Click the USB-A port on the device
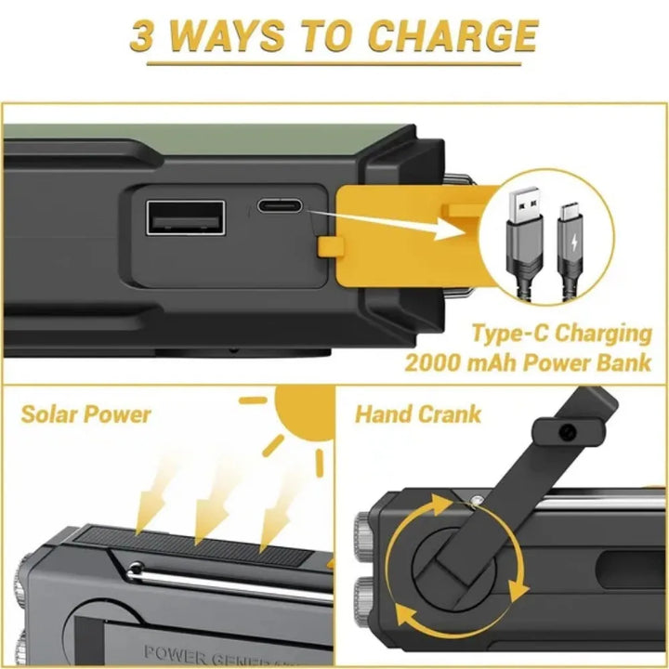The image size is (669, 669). coord(185,220)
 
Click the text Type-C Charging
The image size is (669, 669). coord(569,334)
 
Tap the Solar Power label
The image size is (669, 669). coord(85,414)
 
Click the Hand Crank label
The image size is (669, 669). coord(418,413)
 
